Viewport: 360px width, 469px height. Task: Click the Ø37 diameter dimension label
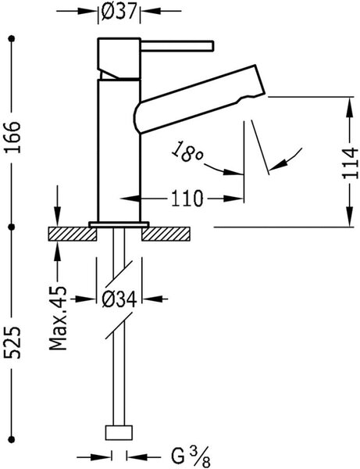(119, 12)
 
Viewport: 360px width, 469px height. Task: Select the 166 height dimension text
(12, 138)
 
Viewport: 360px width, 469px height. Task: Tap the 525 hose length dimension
(12, 342)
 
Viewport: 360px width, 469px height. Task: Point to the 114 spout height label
(350, 163)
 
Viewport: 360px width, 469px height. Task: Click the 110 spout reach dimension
(187, 199)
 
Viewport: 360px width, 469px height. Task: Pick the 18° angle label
(187, 152)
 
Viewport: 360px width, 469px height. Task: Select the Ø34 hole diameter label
(119, 299)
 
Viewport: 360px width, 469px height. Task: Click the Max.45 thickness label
(58, 318)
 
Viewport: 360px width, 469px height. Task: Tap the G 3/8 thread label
(191, 457)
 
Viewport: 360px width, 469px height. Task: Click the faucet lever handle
(177, 46)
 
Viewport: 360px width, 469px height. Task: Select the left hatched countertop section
(73, 234)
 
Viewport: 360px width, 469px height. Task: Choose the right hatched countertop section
(166, 234)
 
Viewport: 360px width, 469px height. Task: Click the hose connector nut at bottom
(119, 432)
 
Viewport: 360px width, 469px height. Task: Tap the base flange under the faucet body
(119, 224)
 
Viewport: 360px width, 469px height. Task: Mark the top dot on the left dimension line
(12, 38)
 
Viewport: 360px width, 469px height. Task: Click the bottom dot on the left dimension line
(12, 439)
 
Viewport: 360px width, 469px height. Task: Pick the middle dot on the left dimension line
(12, 227)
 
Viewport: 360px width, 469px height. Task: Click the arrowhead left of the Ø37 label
(87, 12)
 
